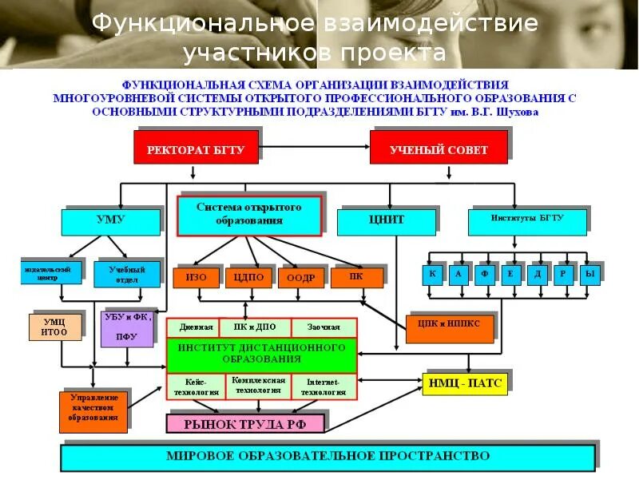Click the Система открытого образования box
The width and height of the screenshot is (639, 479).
click(x=248, y=214)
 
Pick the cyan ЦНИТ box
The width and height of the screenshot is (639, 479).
click(x=387, y=220)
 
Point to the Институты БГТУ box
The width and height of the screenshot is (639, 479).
click(x=526, y=220)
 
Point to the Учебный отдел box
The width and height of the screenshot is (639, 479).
click(x=121, y=275)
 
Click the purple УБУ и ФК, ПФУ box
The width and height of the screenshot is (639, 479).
click(x=126, y=327)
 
